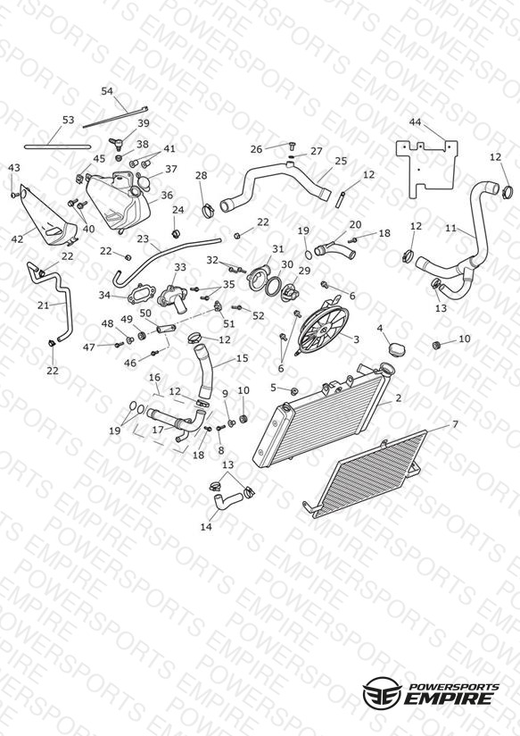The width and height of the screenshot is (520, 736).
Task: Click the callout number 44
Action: tap(415, 122)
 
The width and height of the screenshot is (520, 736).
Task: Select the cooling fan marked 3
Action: tap(324, 325)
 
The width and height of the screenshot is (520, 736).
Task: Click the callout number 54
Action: tap(107, 90)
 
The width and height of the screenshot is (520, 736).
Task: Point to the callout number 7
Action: tap(455, 424)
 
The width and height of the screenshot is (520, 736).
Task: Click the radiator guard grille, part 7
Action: tap(366, 474)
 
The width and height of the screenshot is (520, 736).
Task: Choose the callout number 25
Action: tap(341, 161)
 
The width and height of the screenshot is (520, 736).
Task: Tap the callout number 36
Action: tap(167, 195)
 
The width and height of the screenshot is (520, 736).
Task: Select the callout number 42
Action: tap(17, 238)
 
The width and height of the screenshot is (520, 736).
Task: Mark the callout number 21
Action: tap(43, 305)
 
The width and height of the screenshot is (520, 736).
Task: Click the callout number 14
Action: tap(206, 527)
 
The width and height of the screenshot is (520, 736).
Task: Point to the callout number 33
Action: tap(180, 267)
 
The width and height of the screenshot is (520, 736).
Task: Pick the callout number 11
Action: tap(450, 228)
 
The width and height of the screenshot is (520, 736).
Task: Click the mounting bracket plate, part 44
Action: tap(426, 168)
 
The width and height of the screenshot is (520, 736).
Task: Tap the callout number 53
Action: tap(68, 120)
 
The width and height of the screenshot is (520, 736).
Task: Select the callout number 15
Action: tap(242, 358)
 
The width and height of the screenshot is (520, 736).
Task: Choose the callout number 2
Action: tap(398, 398)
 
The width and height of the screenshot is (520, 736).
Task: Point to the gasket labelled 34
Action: tap(141, 293)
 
